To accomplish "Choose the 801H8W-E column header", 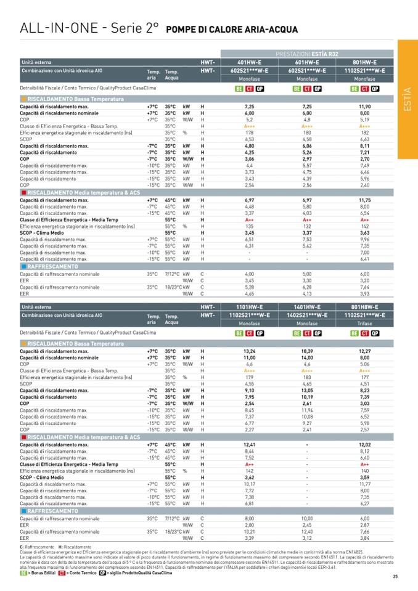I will pos(364,306).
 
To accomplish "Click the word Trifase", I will pos(364,323).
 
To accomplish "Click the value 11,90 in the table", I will pos(364,107).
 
